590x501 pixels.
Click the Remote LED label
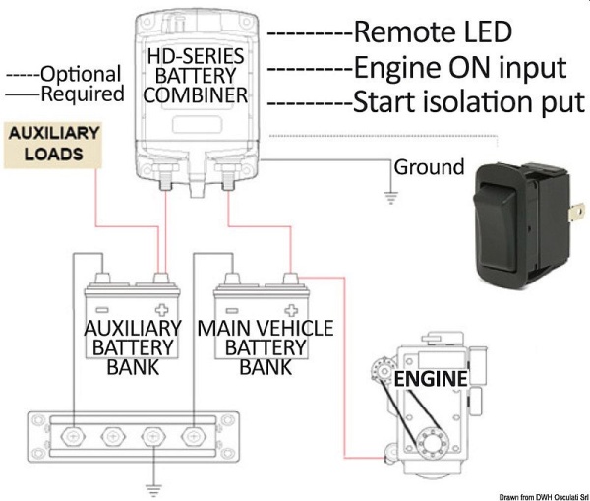coord(433,31)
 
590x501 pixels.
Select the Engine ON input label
coord(459,67)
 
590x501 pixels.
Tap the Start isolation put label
coord(469,101)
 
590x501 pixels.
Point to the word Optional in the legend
coord(81,75)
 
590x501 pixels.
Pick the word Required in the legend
coord(83,94)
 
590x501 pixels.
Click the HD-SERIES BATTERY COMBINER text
coord(197,75)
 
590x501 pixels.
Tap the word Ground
coord(429,167)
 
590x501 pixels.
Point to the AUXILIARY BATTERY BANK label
coord(134,346)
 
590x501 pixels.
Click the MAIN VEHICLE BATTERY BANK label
coord(265,346)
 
